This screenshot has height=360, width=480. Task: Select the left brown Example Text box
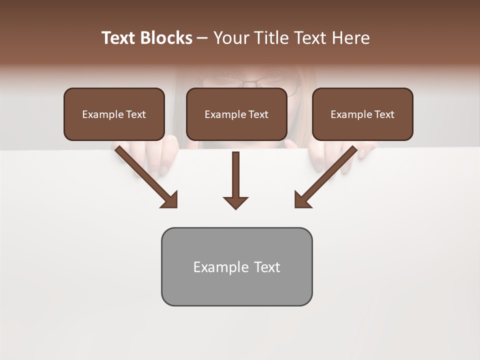point(114,114)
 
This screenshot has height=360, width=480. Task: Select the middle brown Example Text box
point(236,114)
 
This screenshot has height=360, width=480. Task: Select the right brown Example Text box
point(362,114)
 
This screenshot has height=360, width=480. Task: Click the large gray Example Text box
point(236,266)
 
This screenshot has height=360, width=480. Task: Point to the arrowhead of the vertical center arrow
point(235,202)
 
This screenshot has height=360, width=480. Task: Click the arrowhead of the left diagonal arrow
point(170,200)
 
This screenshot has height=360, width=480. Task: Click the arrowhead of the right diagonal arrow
point(302,200)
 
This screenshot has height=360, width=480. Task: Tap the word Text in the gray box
point(267,267)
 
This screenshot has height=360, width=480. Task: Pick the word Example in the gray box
point(221,267)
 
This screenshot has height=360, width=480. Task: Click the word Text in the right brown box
point(384,114)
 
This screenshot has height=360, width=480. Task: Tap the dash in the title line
point(202,38)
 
